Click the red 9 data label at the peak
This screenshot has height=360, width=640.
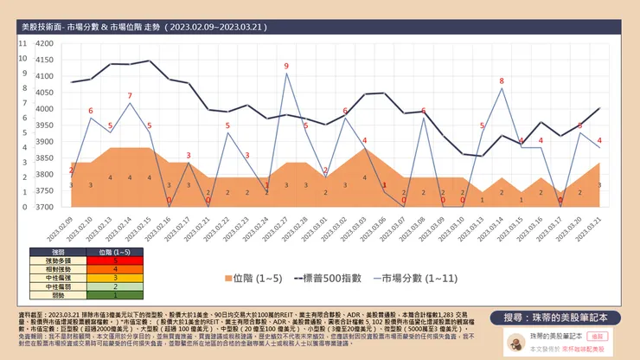[286, 66]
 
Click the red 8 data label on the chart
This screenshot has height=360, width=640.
[501, 81]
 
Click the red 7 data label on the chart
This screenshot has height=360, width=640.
[130, 95]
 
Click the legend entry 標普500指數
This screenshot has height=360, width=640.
[329, 279]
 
